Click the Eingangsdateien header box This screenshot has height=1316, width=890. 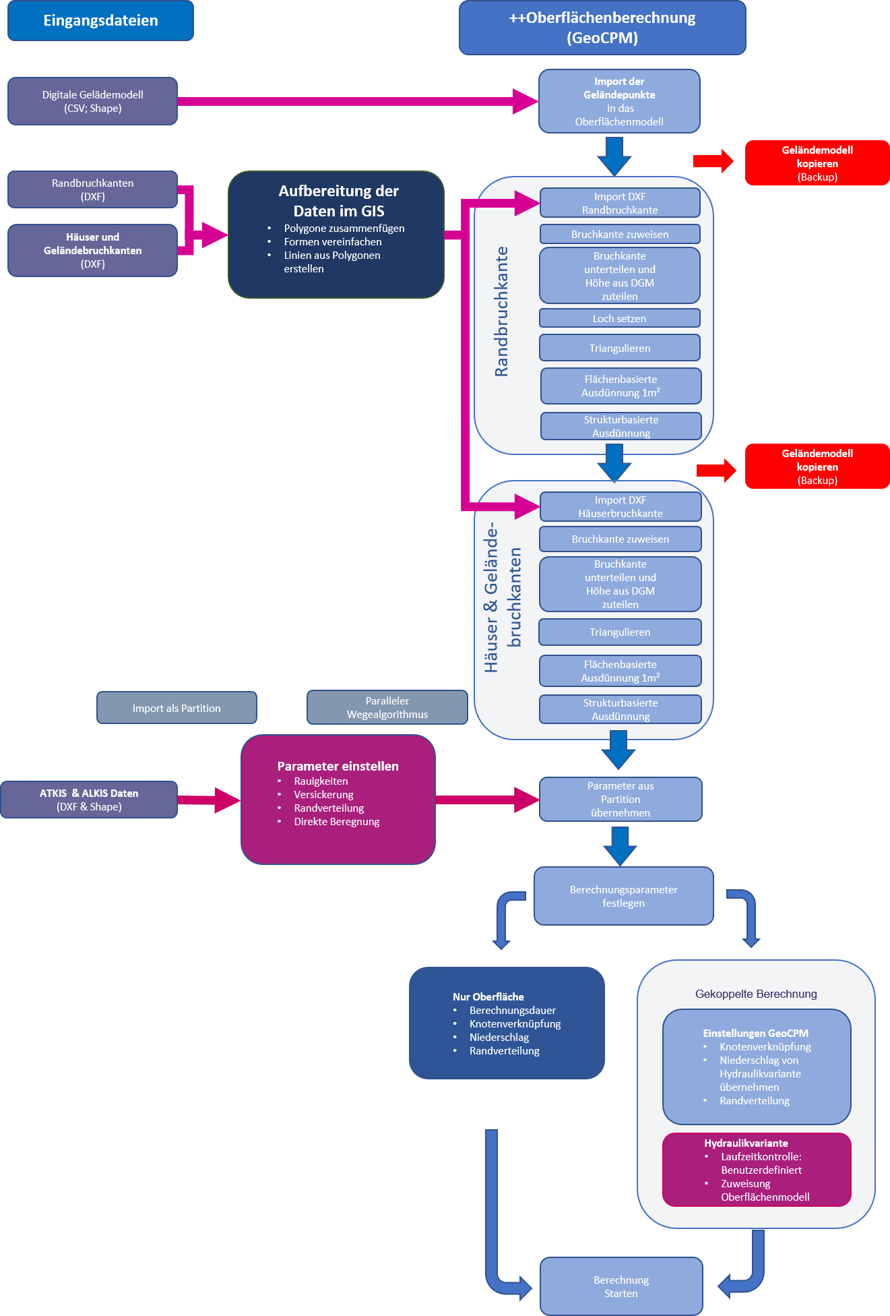point(100,20)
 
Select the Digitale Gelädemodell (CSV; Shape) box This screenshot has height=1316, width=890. point(92,101)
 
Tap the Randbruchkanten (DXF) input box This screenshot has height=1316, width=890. point(92,189)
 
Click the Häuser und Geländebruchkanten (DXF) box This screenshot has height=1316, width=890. point(92,250)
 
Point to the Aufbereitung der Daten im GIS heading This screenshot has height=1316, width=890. point(338,201)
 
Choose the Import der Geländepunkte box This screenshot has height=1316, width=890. point(619,101)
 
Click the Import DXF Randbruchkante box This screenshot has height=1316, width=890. point(620,203)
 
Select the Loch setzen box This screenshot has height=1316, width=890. point(619,318)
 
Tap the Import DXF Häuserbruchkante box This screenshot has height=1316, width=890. point(620,506)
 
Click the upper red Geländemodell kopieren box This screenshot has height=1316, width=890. point(817,163)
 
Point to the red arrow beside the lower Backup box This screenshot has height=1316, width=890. point(716,470)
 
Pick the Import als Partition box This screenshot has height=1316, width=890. point(177,708)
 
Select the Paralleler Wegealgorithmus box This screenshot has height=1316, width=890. point(387,707)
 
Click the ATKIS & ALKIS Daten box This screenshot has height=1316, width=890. point(89,800)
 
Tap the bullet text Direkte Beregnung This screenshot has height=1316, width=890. point(336,821)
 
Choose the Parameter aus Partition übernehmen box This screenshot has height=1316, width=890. point(621,799)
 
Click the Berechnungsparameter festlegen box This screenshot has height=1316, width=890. point(623,896)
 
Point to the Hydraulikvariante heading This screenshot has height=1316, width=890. point(746,1143)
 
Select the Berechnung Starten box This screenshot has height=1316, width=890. point(621,1286)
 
